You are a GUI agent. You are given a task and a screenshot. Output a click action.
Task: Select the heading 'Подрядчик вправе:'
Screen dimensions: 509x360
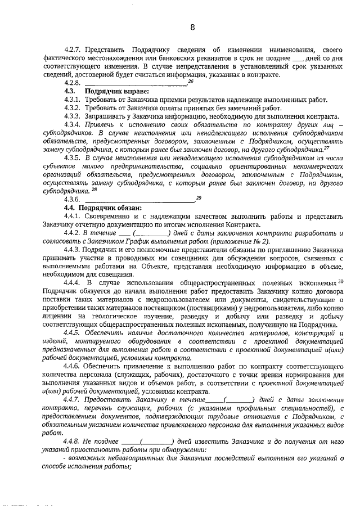coord(116,91)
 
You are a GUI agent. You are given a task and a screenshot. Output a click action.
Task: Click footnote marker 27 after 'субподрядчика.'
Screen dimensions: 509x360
coord(326,148)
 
